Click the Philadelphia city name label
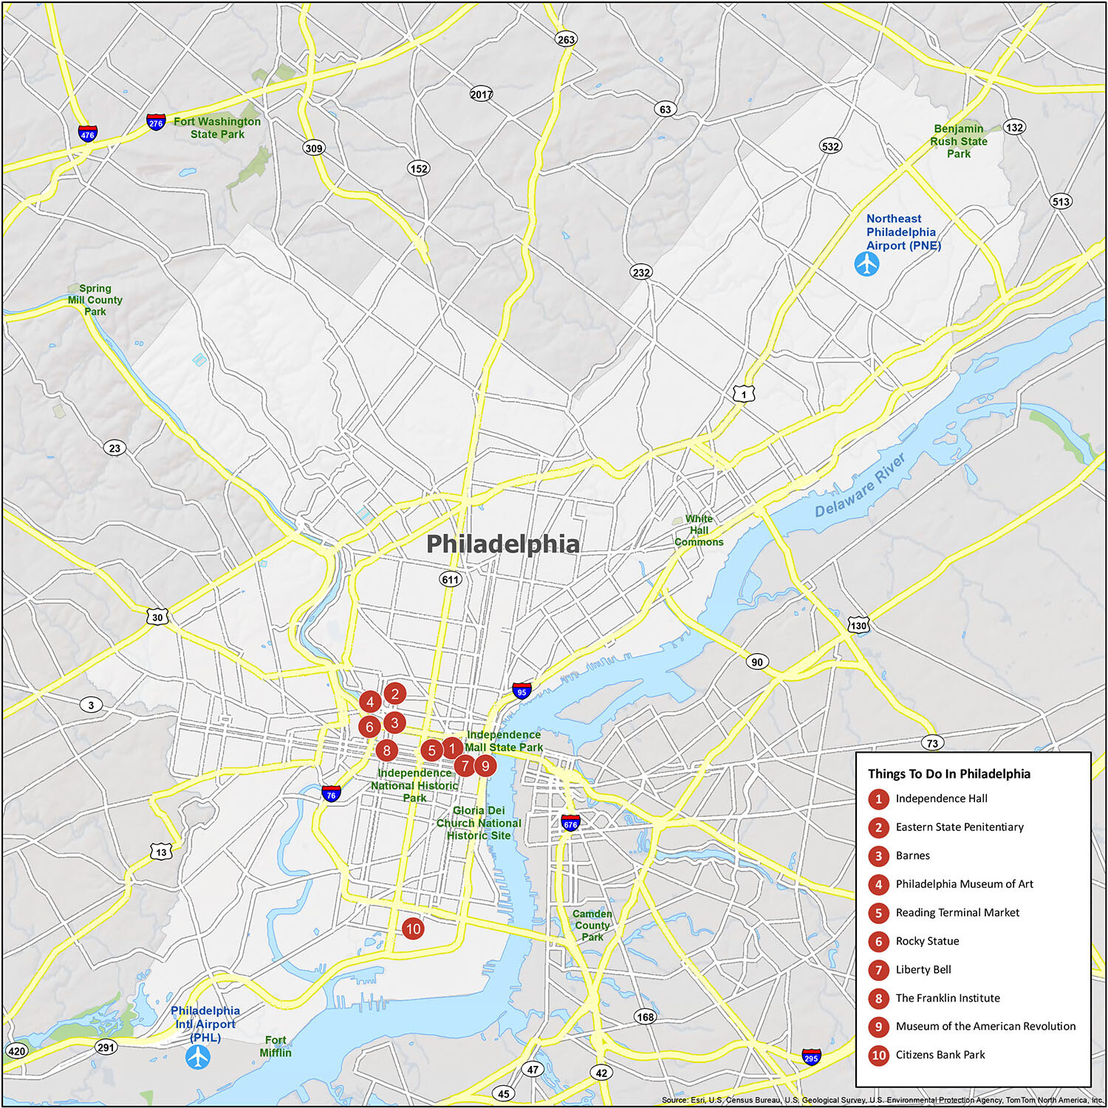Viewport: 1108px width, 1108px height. [503, 544]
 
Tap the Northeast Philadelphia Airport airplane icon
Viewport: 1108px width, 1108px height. [866, 264]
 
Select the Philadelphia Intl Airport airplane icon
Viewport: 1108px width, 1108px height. [198, 1057]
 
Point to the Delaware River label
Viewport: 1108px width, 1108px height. [860, 486]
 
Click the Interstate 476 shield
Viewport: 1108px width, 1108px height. [88, 134]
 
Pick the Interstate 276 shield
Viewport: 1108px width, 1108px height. [156, 122]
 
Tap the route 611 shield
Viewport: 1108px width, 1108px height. [451, 579]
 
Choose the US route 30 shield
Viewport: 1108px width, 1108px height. [157, 617]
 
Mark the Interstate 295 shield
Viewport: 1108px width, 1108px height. [811, 1057]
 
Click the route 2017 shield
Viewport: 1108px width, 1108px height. [482, 94]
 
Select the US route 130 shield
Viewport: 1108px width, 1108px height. [858, 625]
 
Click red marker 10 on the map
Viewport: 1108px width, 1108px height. [413, 929]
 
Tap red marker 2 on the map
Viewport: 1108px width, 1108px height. [395, 694]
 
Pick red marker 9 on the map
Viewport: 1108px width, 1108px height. [485, 765]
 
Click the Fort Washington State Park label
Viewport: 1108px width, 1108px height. [217, 128]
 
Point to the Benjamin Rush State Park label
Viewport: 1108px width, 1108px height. [959, 141]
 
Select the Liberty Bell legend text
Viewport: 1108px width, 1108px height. [923, 969]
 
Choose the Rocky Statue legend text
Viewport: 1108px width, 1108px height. [927, 941]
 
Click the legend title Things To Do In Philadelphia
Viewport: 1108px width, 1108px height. [949, 773]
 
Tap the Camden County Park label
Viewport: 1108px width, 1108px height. [592, 925]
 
